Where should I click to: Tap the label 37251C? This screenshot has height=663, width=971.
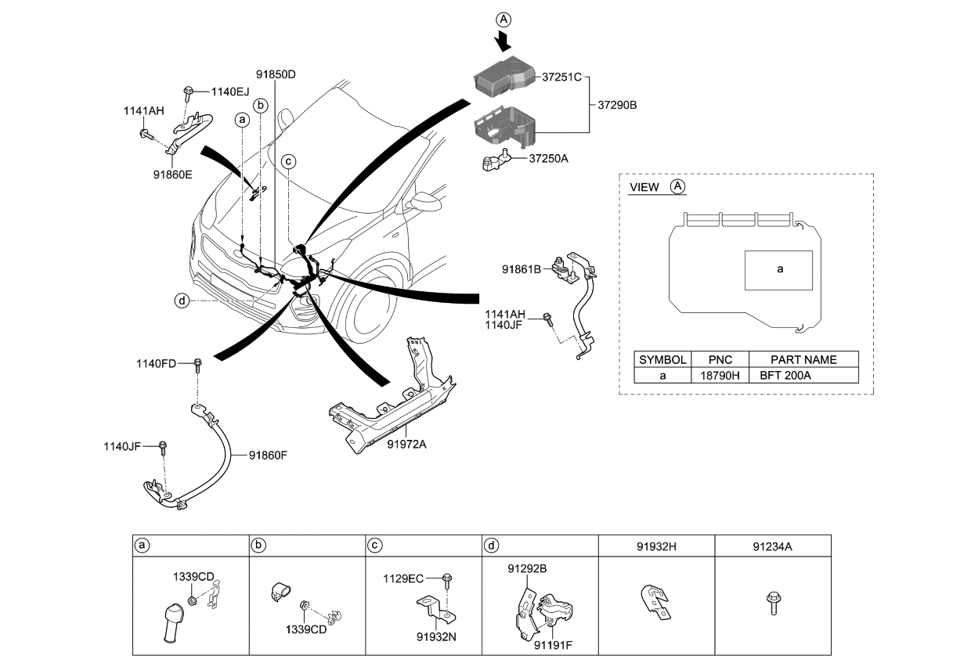(562, 77)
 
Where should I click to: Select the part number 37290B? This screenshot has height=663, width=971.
(617, 104)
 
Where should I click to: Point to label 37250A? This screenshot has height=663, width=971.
(548, 158)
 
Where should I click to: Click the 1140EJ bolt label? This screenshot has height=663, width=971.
(230, 92)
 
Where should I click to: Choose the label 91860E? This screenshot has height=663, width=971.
(172, 175)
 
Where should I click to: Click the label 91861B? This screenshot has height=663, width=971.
(522, 269)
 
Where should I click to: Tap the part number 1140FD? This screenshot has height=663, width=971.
(155, 363)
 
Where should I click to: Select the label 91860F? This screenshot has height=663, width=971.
(269, 454)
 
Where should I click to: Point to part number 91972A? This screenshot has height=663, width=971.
(407, 445)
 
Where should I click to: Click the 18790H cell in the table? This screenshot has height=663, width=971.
(720, 375)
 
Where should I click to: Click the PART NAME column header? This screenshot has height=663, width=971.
(803, 359)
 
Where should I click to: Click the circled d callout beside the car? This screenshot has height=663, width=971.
(182, 300)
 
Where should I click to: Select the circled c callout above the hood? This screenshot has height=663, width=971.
(288, 161)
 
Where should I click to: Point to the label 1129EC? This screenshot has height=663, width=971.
(403, 578)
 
